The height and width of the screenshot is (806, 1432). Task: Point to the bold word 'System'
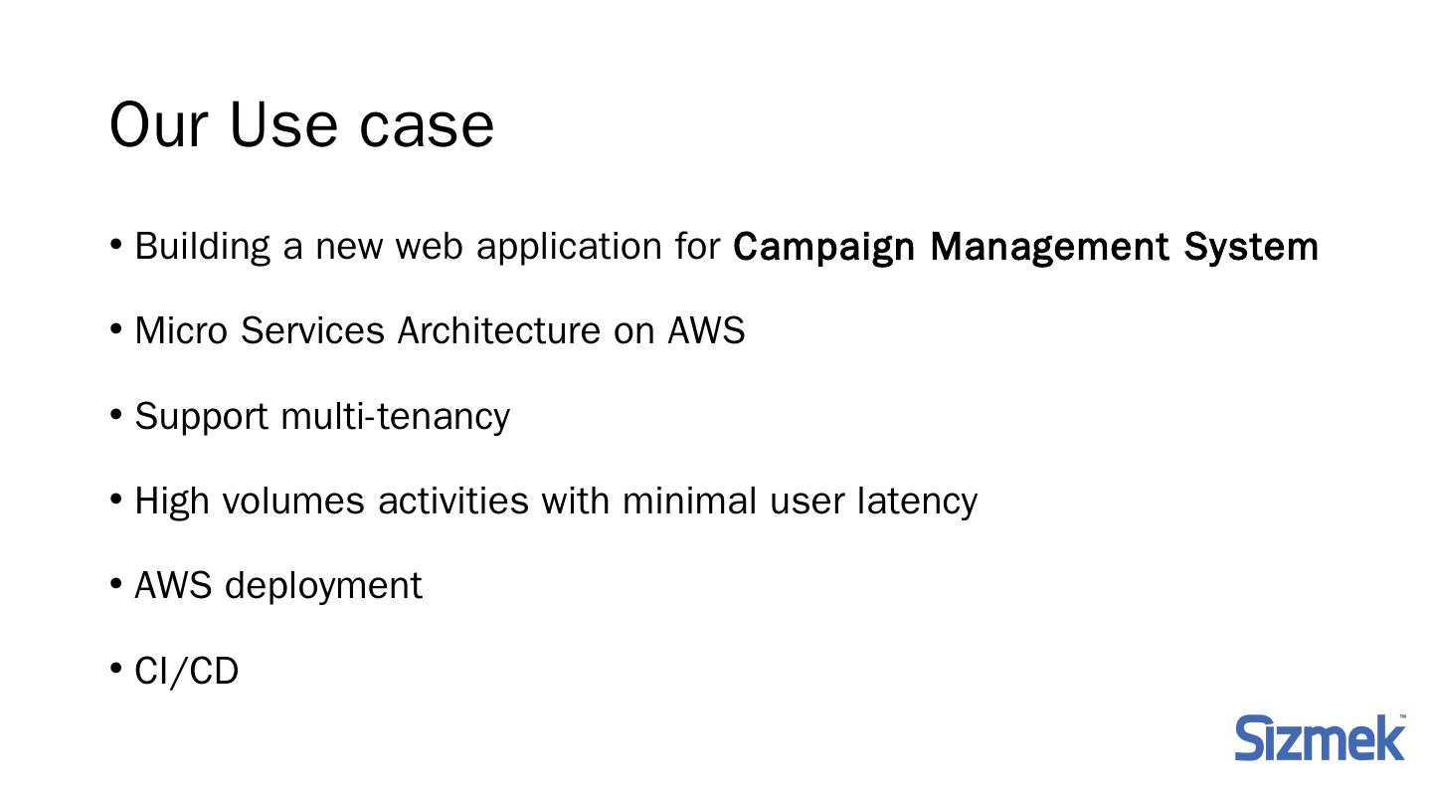1251,246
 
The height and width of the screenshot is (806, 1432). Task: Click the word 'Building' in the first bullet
202,246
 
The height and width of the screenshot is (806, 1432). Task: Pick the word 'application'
569,247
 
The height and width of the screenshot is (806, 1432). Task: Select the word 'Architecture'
498,330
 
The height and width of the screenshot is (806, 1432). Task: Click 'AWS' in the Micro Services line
706,330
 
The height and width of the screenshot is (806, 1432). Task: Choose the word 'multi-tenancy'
396,416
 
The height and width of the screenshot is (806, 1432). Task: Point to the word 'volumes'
293,501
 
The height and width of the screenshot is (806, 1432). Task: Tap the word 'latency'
917,501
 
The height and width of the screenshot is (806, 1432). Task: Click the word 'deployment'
324,586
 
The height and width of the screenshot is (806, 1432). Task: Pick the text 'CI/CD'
187,672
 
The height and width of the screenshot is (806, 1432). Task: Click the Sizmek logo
1320,738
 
